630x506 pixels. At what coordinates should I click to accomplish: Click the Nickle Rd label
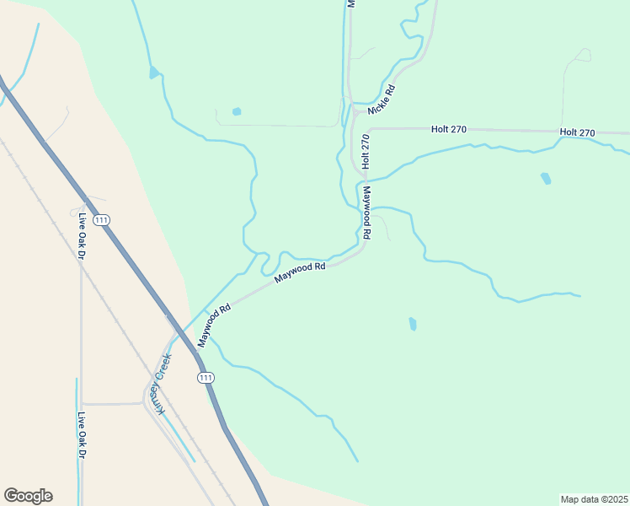click(382, 100)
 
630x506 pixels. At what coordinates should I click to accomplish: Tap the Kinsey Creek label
click(160, 384)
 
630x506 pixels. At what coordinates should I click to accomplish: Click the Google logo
click(28, 496)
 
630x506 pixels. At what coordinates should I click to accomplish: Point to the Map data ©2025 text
click(594, 498)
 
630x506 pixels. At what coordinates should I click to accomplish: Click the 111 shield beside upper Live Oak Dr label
click(102, 220)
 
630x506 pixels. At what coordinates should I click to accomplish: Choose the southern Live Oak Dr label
click(82, 434)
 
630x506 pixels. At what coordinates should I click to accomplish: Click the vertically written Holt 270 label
click(366, 152)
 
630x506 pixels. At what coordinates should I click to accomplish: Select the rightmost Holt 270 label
click(578, 132)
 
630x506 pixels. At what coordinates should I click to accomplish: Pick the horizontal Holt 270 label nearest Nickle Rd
click(448, 129)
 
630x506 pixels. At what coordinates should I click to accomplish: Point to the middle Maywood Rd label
click(301, 272)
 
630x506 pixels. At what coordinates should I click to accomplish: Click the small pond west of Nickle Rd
click(237, 111)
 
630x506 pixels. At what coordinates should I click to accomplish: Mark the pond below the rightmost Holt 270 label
click(546, 178)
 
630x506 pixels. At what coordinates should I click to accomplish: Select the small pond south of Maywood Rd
click(412, 324)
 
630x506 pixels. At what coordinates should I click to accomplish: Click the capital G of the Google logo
click(11, 496)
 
